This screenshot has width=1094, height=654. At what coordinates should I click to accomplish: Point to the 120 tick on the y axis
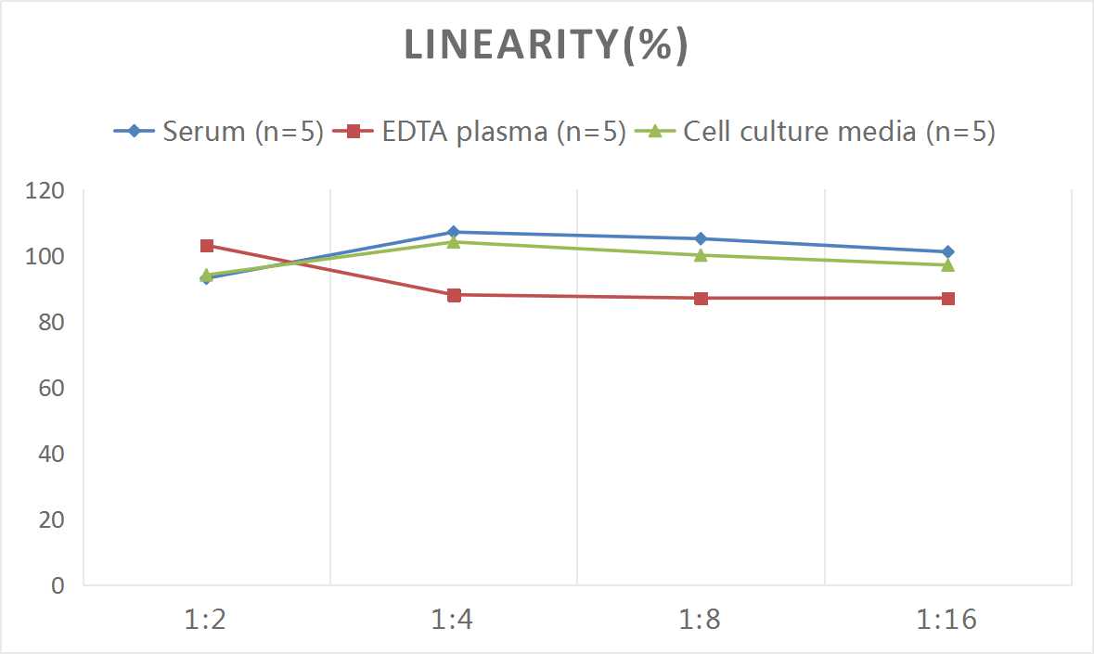tap(46, 191)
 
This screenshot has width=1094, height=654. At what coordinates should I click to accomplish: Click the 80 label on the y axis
tap(52, 323)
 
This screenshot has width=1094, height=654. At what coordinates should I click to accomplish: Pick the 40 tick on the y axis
tap(52, 455)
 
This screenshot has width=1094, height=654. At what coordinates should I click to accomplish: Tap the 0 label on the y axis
tap(58, 585)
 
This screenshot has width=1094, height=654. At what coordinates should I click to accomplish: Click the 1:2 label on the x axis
tap(206, 619)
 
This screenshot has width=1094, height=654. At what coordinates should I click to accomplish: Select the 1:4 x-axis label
tap(453, 619)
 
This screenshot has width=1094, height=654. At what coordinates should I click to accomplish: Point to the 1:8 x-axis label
tap(701, 619)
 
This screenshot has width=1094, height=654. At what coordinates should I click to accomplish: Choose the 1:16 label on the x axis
tap(947, 619)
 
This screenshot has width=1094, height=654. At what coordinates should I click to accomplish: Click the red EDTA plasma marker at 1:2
tap(207, 246)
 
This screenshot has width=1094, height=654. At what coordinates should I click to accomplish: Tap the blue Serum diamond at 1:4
tap(454, 232)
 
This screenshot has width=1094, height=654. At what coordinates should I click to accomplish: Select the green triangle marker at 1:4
tap(454, 242)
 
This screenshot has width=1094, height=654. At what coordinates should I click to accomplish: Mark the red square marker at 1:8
tap(701, 298)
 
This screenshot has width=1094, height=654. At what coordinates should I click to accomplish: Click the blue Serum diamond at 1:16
tap(947, 251)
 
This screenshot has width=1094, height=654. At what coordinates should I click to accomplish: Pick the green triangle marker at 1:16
tap(947, 264)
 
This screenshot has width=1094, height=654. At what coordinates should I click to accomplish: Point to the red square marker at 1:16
tap(947, 298)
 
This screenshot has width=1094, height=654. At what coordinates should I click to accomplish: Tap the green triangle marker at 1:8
tap(701, 255)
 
